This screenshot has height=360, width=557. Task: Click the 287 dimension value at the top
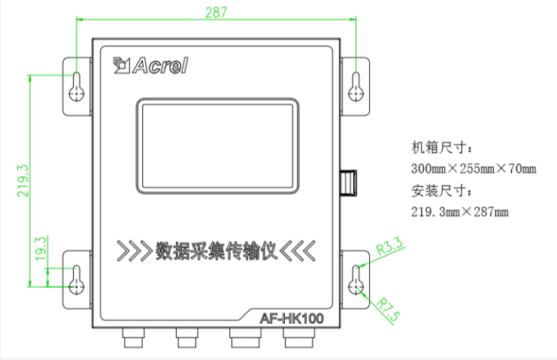tap(216, 13)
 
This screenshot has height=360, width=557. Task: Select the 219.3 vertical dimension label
tap(23, 180)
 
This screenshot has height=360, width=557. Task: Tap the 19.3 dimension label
tap(41, 249)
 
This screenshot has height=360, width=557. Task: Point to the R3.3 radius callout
tap(389, 246)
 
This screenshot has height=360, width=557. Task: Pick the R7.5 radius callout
tap(388, 310)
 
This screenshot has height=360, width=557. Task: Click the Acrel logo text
tap(160, 65)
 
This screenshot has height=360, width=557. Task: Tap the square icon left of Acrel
tap(122, 65)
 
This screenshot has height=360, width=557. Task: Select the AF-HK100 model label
tap(292, 318)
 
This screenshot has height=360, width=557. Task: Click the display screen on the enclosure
tap(217, 146)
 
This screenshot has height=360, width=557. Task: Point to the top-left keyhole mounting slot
tap(77, 87)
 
